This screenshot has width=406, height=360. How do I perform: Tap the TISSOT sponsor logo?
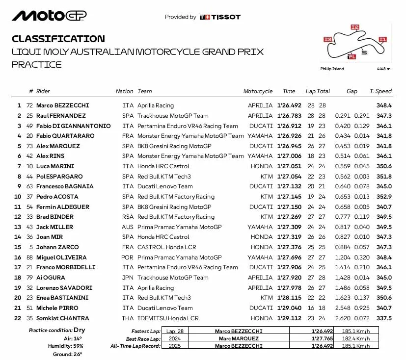(x=220, y=17)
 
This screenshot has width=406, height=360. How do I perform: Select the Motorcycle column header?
(x=258, y=91)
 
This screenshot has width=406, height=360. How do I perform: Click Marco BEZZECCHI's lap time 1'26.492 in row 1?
(x=289, y=105)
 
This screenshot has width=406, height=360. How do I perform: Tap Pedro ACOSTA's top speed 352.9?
(x=383, y=197)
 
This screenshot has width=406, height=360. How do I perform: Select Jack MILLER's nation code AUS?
(x=128, y=227)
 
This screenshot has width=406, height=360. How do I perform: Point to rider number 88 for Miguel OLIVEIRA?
(x=29, y=257)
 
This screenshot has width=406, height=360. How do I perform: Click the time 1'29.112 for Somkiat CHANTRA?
(x=289, y=318)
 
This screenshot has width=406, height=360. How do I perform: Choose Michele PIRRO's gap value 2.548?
(x=343, y=308)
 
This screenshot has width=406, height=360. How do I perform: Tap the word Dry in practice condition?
(x=80, y=331)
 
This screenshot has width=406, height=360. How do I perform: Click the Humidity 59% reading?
(x=72, y=346)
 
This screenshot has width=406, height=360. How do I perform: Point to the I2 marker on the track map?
(x=354, y=27)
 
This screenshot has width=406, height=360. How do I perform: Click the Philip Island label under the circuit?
(x=332, y=69)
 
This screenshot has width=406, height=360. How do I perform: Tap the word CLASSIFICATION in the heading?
(x=58, y=39)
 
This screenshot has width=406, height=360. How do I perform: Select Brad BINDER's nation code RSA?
(x=128, y=217)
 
